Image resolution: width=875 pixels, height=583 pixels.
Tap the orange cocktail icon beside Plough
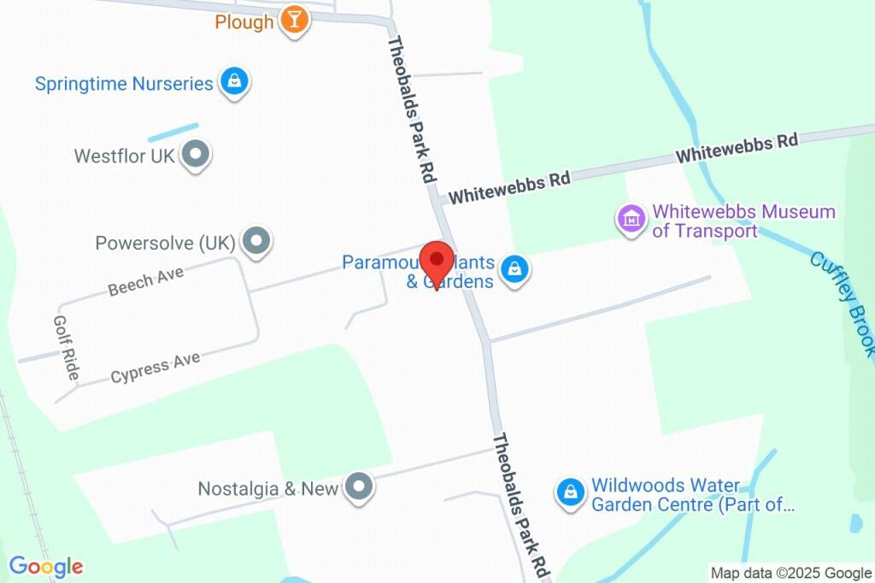(294, 21)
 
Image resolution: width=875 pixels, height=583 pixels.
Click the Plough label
(244, 22)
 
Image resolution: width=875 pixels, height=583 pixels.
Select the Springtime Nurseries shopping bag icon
(233, 82)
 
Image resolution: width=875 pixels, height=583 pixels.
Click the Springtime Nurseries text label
(124, 84)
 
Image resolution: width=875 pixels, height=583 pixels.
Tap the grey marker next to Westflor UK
(197, 155)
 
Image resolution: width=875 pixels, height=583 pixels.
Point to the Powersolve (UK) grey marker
(255, 242)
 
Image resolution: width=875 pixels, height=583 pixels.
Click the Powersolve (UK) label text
(165, 244)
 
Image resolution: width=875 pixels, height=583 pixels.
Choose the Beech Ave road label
(146, 280)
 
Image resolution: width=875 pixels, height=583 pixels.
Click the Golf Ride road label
(67, 348)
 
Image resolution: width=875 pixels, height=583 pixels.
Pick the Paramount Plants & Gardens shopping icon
(514, 271)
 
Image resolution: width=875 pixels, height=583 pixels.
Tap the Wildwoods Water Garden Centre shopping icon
(569, 492)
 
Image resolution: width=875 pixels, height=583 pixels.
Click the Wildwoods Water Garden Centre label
(692, 495)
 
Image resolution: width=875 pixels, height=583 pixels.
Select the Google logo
(46, 566)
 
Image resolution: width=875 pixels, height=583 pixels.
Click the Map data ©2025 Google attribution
(790, 573)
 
